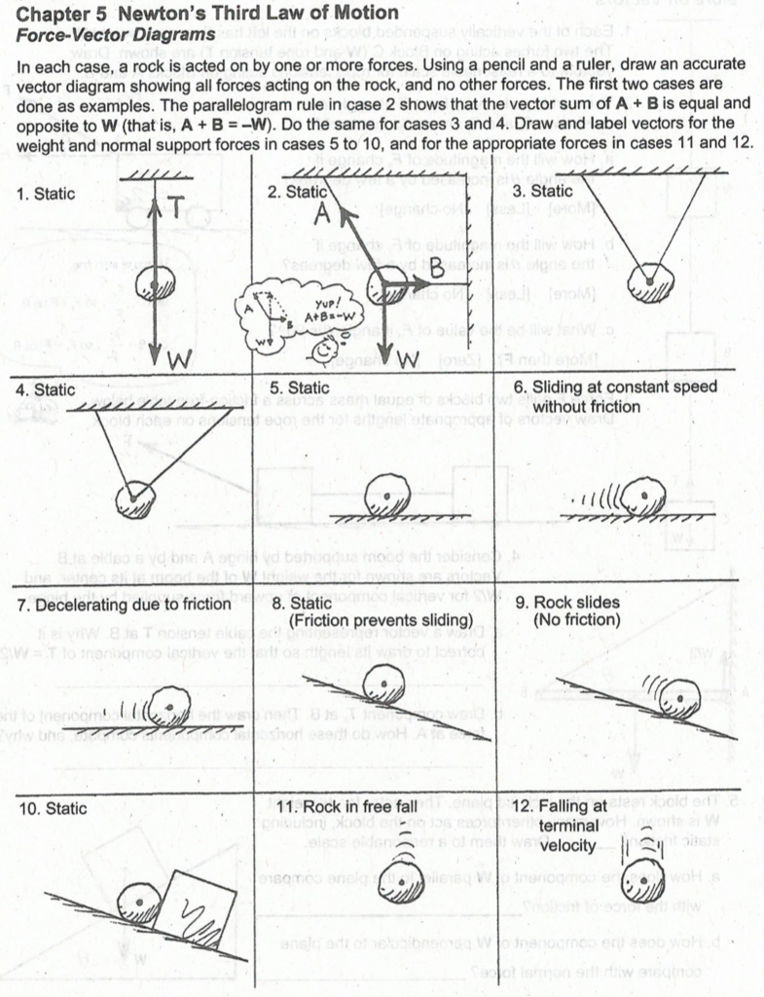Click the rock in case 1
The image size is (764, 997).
tap(155, 285)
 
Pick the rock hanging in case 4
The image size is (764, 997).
tap(135, 498)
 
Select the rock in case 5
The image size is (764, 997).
tap(386, 494)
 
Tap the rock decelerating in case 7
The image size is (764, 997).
tap(171, 702)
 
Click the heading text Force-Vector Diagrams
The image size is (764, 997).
tap(116, 34)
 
